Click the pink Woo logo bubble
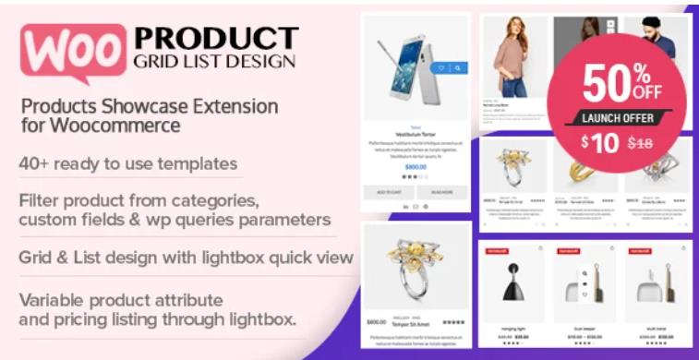[x=70, y=50]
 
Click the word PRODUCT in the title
[x=217, y=39]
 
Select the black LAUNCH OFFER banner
[x=618, y=118]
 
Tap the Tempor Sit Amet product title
[x=411, y=323]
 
